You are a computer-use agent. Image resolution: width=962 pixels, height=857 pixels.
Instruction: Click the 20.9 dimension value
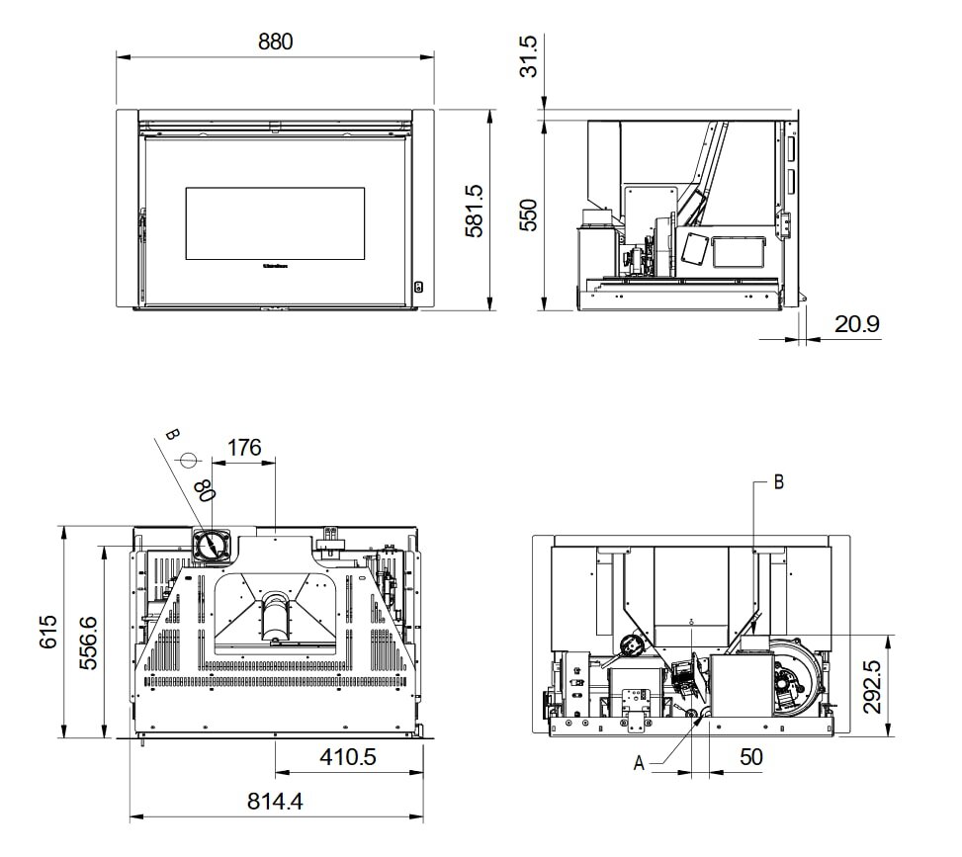[856, 324]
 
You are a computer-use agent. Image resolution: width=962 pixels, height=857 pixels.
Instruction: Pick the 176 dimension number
[244, 447]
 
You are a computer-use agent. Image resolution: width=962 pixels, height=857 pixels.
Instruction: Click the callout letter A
[639, 763]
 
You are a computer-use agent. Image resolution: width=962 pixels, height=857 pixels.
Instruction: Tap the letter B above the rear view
[778, 482]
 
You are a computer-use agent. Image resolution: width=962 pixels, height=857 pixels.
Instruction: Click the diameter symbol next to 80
[189, 461]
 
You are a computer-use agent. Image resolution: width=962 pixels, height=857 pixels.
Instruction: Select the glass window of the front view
[275, 223]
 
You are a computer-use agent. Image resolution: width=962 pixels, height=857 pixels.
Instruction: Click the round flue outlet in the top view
[212, 545]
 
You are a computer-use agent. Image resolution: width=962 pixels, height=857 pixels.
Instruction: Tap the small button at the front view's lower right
[418, 287]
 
